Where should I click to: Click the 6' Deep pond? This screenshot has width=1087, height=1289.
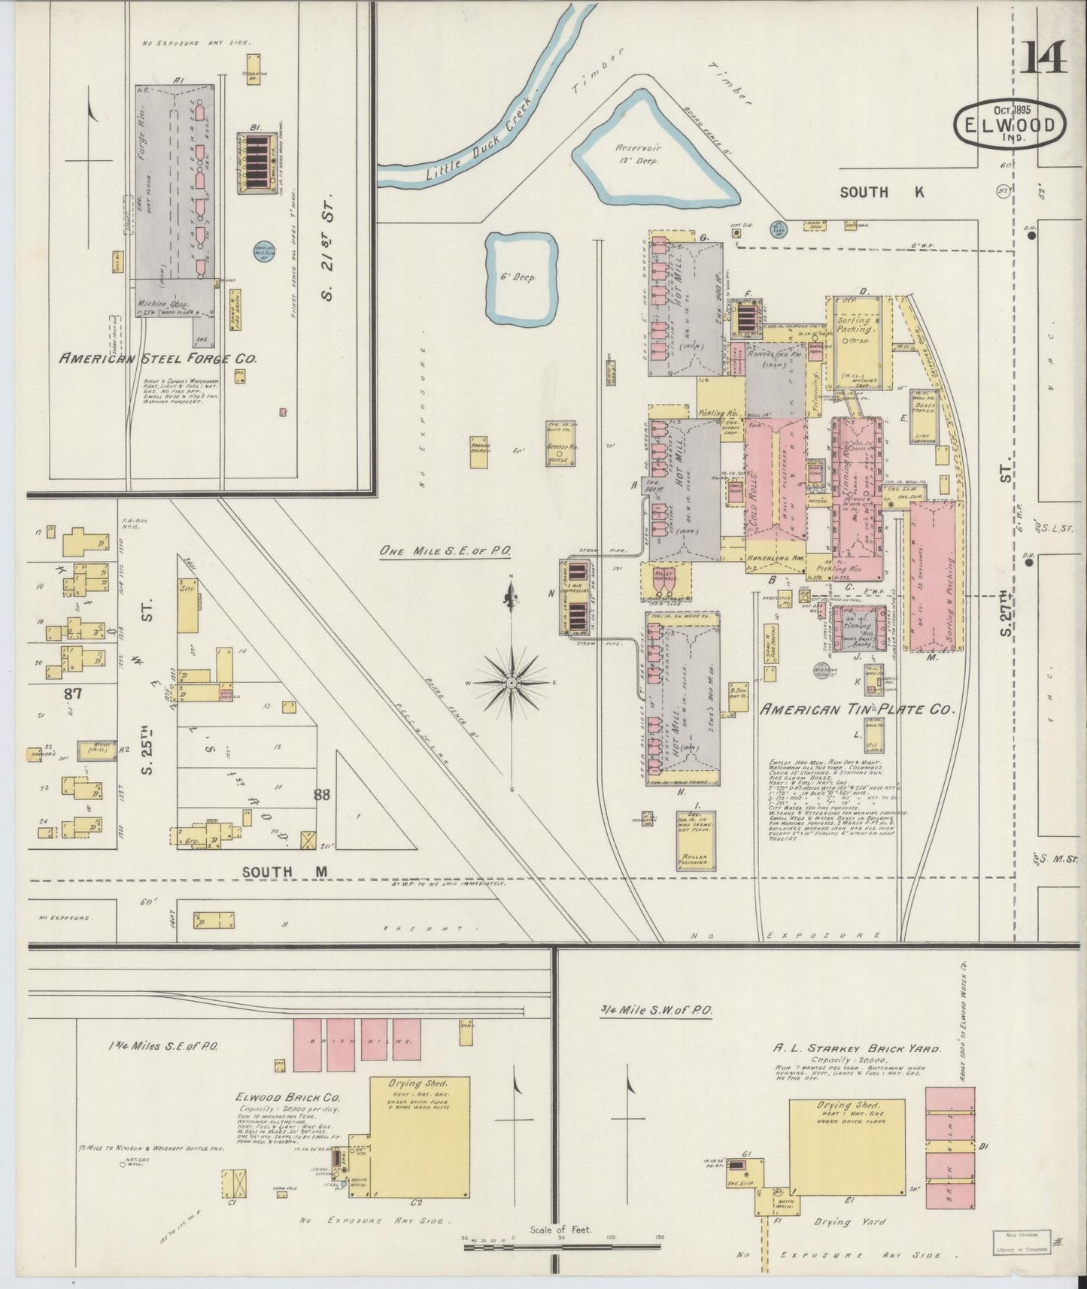(x=521, y=276)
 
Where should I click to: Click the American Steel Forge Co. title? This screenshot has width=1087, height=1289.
(x=158, y=359)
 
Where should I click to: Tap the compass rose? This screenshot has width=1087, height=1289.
(x=512, y=682)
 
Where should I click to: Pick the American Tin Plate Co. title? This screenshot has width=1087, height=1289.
(x=856, y=709)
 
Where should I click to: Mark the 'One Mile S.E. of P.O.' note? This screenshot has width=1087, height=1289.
(x=445, y=551)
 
